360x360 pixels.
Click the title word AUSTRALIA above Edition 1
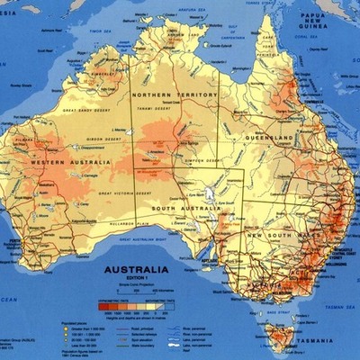click(136, 269)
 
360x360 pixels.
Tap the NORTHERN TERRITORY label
click(175, 94)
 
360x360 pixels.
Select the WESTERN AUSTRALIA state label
click(63, 162)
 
